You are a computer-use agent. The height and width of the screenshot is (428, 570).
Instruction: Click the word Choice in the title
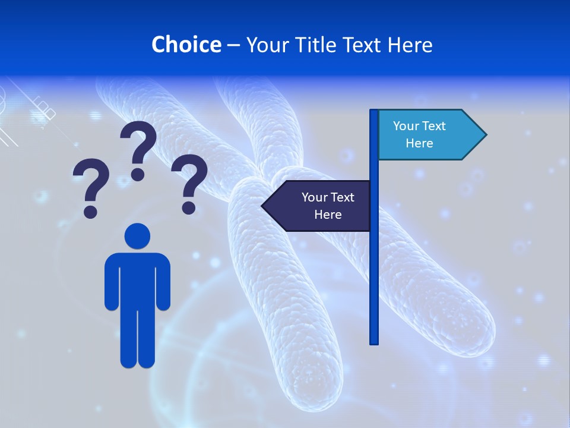pyautogui.click(x=186, y=45)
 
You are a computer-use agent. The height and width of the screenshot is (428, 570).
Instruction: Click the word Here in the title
pyautogui.click(x=410, y=45)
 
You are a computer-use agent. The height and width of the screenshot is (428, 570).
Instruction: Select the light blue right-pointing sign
pyautogui.click(x=427, y=134)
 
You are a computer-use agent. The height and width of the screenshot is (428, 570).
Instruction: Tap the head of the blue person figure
pyautogui.click(x=137, y=236)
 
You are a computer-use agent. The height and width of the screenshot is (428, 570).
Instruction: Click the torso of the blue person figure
pyautogui.click(x=137, y=279)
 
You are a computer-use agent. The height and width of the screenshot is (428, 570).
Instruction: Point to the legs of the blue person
pyautogui.click(x=137, y=339)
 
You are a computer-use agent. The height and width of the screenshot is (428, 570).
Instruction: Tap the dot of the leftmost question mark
pyautogui.click(x=90, y=212)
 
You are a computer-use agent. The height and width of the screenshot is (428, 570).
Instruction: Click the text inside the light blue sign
pyautogui.click(x=419, y=134)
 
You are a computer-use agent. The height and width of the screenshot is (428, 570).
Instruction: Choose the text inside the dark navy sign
pyautogui.click(x=328, y=206)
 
